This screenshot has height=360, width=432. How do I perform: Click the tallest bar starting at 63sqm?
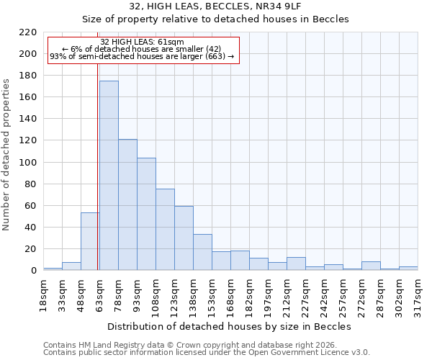pos(109,176)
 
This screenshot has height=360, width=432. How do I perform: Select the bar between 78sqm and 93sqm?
pos(127,204)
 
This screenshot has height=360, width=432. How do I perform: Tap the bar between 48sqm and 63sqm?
pos(90,241)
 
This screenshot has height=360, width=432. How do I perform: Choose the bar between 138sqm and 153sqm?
pos(202,252)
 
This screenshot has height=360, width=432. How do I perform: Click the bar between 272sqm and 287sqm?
pos(371,266)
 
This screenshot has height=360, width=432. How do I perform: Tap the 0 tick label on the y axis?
pos(33,271)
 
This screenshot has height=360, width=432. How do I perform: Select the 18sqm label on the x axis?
pos(43,294)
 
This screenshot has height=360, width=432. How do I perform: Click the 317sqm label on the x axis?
pos(418,294)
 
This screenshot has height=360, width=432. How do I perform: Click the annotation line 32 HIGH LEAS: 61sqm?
pos(142,42)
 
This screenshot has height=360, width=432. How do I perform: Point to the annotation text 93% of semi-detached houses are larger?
pos(142,56)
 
